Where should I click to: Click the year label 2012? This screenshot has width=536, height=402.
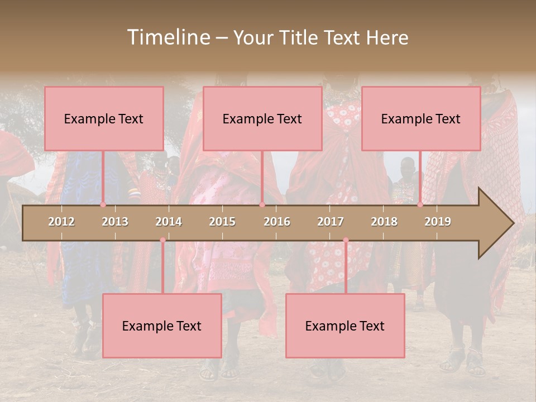(61, 222)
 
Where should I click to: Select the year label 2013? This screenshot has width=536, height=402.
(115, 222)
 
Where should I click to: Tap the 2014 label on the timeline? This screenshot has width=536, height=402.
(169, 222)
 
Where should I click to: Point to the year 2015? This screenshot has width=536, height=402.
(222, 222)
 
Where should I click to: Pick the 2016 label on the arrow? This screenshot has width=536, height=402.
(277, 222)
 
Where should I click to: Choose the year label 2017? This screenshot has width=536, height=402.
(331, 222)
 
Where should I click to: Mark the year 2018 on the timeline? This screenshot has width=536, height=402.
(384, 222)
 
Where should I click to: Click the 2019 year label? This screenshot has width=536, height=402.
(438, 222)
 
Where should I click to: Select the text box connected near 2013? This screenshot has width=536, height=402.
(104, 118)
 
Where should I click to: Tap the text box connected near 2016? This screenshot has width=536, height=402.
(262, 118)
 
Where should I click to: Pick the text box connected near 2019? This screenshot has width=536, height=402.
(421, 118)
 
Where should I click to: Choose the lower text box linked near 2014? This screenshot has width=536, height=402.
(162, 326)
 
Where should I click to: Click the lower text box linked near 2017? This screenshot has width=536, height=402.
(345, 326)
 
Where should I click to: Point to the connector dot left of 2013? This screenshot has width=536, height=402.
(103, 205)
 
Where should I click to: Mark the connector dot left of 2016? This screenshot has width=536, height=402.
(262, 205)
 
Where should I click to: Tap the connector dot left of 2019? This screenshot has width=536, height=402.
(420, 205)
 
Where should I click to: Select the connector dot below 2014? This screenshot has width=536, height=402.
(162, 240)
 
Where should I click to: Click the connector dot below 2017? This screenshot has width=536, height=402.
(346, 240)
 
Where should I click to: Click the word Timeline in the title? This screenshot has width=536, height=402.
(167, 37)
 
